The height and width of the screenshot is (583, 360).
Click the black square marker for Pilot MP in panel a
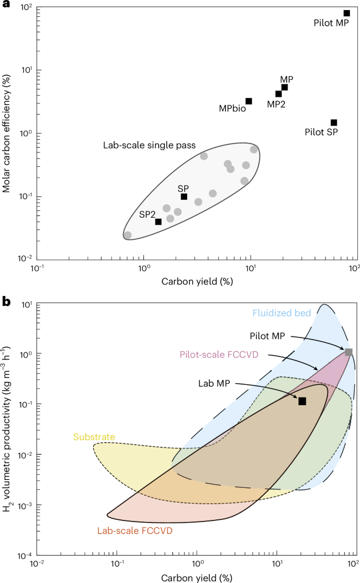tap(347, 13)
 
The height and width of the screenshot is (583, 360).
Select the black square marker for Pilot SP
tap(334, 122)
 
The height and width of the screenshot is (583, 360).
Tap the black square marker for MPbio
tap(249, 101)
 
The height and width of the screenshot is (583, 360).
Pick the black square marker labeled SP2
tap(158, 221)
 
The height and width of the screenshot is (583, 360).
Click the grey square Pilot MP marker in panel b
tap(348, 352)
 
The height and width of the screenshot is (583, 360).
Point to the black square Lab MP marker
tap(302, 401)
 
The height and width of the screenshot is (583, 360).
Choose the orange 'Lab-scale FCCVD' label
tap(135, 531)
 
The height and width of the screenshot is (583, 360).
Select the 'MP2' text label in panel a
tap(276, 104)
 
